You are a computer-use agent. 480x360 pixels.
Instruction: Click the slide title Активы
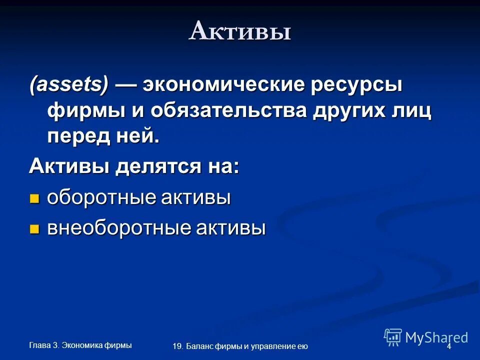coord(240,32)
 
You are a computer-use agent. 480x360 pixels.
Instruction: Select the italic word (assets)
coord(68,85)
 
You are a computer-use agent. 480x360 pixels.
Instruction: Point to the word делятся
coord(157,166)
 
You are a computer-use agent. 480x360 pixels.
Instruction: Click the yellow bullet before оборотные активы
coord(34,198)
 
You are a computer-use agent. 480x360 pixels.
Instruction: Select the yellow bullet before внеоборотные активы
coord(34,229)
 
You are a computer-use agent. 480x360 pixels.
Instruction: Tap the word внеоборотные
coord(117,228)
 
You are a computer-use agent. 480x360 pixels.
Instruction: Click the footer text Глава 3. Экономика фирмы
coord(80,344)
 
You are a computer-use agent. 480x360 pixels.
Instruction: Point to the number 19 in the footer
coord(176,346)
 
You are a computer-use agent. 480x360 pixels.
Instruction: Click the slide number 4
coord(448,346)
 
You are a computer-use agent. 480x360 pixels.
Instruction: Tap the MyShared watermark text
coord(436,337)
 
